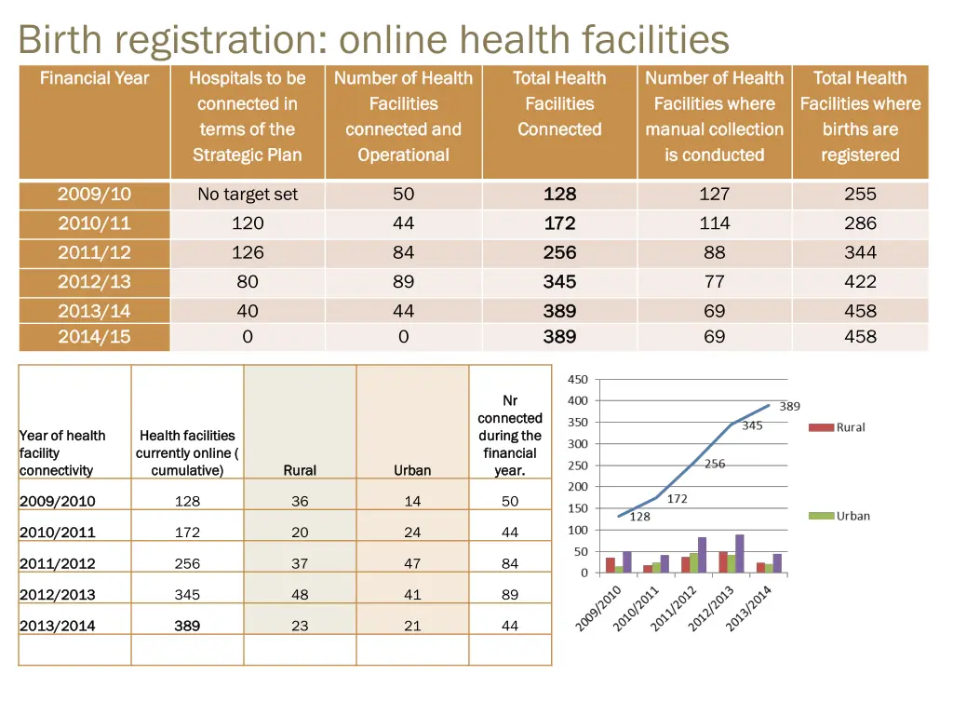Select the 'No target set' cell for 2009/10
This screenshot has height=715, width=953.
pos(248,195)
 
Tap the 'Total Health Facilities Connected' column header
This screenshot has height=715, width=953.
pos(559,104)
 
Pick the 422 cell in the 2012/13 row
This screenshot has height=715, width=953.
pos(860,282)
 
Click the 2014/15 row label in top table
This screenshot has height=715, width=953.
pos(94,337)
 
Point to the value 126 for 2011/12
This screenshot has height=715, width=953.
pos(248,252)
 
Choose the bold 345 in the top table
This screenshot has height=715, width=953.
pos(559,282)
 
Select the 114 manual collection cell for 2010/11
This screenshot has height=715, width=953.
pos(714,223)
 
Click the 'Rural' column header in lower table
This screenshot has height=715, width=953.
pos(300,470)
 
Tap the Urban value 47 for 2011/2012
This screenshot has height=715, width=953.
pos(412,563)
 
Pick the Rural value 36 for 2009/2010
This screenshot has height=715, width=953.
pos(300,501)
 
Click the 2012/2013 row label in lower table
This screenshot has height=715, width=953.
pos(57,594)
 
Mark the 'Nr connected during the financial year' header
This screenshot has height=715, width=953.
pos(510,435)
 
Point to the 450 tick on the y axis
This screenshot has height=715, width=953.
pos(578,379)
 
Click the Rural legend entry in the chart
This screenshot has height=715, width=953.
pos(838,427)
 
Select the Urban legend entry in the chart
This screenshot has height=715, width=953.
pos(839,516)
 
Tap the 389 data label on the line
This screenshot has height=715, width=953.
pos(789,406)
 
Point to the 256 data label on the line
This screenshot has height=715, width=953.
pos(715,464)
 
